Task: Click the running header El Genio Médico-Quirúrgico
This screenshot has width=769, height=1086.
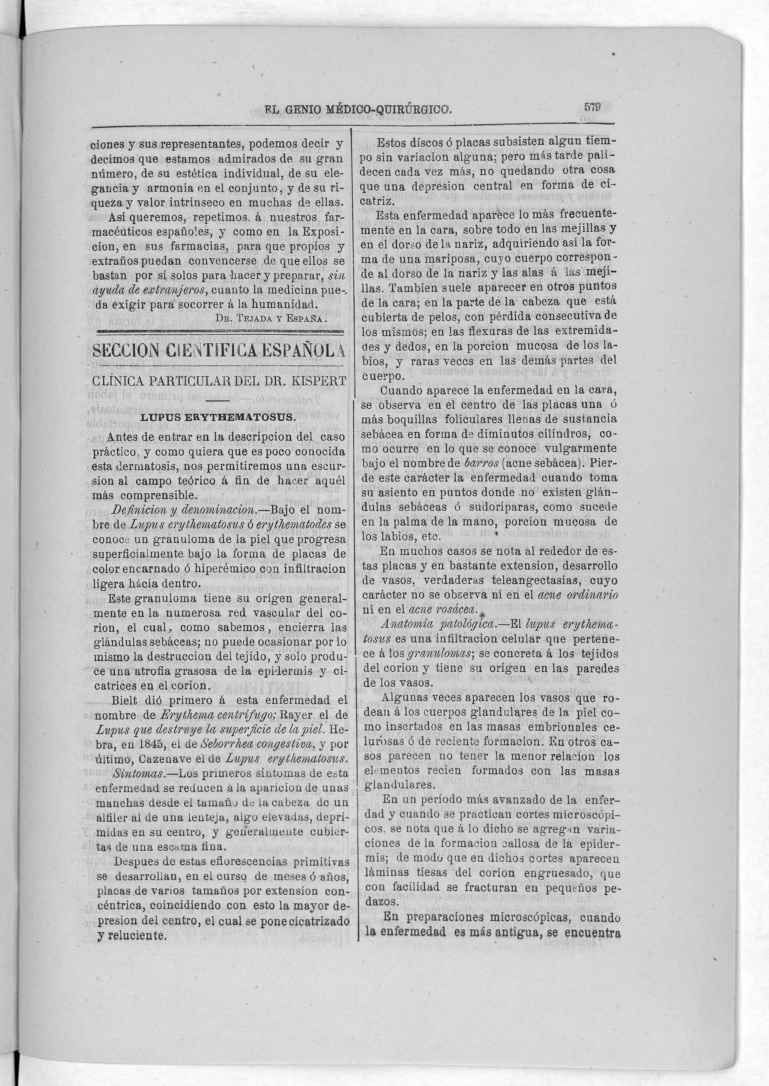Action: point(357,110)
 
